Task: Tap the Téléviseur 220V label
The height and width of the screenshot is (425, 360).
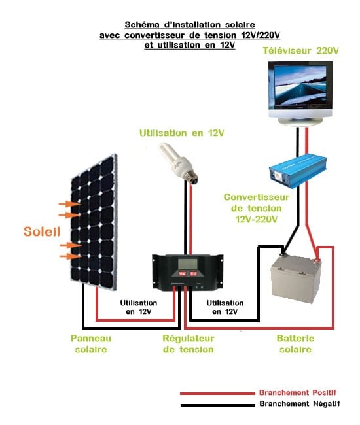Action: [x=301, y=50]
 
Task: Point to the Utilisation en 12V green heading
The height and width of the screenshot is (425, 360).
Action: [x=181, y=133]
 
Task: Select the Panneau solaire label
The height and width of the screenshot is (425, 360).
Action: [x=91, y=344]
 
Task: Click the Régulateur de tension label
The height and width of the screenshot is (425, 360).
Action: [x=188, y=344]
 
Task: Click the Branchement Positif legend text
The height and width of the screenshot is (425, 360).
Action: [x=298, y=392]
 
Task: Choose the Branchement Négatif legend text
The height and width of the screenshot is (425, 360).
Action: [x=298, y=404]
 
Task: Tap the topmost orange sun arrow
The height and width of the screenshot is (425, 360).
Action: [x=66, y=204]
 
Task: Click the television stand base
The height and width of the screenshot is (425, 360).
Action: [x=301, y=122]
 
